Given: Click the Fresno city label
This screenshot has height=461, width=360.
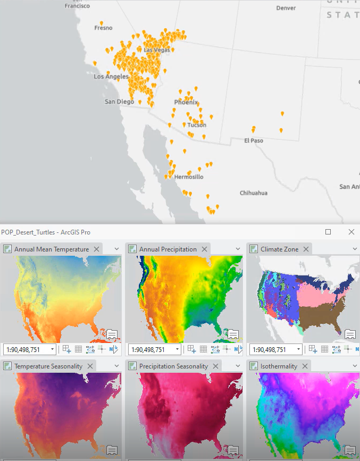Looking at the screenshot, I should (103, 28).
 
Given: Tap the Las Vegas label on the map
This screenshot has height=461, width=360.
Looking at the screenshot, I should (157, 50).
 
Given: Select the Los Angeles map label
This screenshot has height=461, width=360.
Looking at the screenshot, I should (111, 77).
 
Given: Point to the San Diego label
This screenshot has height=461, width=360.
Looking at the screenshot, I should (119, 102).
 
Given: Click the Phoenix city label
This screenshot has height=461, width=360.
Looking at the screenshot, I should (186, 103).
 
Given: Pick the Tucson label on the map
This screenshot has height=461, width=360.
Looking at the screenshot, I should (196, 125).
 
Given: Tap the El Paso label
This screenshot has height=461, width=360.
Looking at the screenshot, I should (254, 141).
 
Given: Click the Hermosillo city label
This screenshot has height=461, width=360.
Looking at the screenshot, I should (189, 177).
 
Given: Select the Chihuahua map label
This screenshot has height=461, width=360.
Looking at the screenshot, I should (254, 193).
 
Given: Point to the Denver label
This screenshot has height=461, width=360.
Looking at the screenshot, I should (286, 9).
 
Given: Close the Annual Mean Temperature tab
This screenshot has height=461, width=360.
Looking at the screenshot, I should (97, 249).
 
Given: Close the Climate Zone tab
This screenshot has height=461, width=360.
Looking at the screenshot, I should (305, 249).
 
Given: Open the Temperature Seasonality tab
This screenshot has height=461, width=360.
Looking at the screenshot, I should (48, 366).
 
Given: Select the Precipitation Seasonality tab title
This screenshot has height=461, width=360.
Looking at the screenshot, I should (173, 366).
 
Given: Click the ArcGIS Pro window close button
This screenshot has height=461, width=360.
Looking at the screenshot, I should (351, 232).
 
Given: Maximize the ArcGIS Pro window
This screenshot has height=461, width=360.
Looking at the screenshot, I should (328, 232).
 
